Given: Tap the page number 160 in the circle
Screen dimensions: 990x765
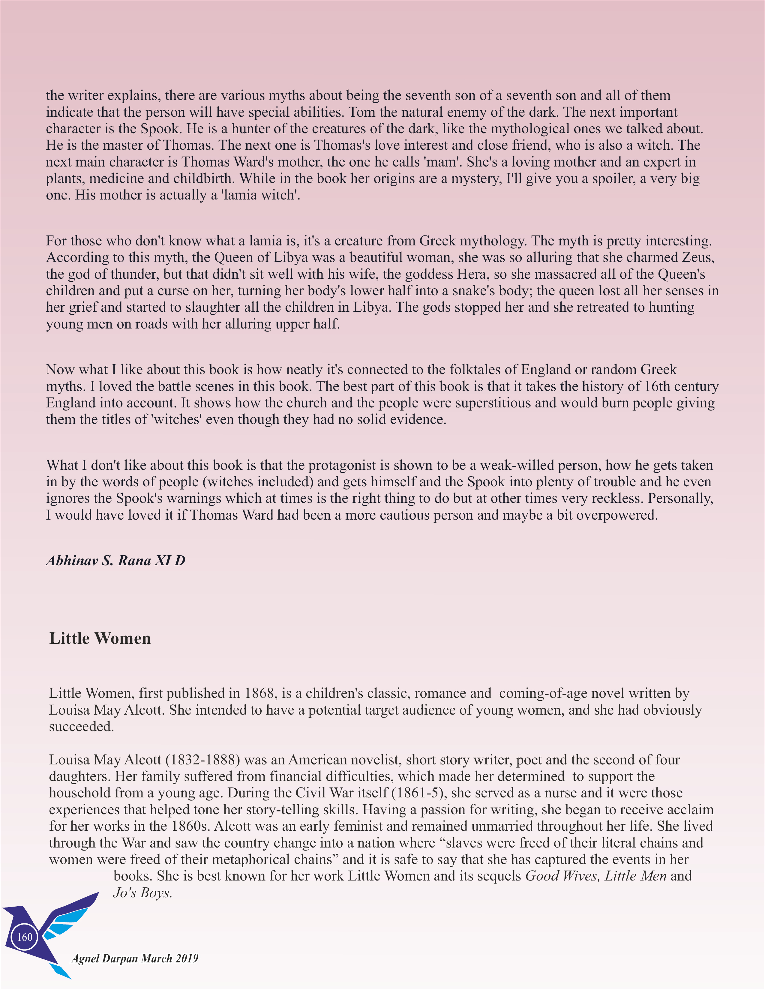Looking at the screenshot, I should pos(25,937).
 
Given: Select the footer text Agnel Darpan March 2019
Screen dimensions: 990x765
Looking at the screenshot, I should pos(135,958).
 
